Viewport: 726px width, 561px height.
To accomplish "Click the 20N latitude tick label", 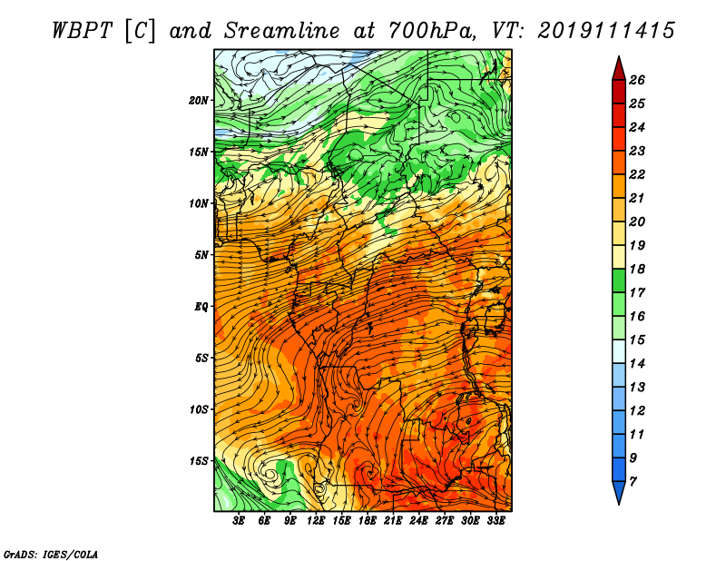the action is (199, 101).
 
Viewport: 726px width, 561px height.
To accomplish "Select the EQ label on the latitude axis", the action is (201, 307).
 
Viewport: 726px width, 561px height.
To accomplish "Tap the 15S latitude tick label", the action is (199, 461).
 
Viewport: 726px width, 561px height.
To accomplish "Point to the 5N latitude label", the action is (201, 255).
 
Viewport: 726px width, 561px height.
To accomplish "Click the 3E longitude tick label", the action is (239, 521).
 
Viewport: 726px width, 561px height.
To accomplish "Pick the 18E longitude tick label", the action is (367, 521).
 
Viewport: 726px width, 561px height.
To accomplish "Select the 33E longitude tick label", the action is (495, 521).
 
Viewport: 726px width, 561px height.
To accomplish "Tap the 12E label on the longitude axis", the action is (315, 521).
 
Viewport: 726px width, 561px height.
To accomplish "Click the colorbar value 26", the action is (637, 80).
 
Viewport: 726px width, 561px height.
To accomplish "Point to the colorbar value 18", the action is (637, 269).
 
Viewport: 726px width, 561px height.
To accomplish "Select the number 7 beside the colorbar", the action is (633, 482).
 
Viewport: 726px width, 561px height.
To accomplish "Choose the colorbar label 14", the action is (637, 364).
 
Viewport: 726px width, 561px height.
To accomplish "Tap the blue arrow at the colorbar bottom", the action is (619, 492).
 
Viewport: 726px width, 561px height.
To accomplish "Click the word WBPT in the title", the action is (82, 31).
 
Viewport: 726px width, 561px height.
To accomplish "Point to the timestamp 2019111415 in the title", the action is (606, 31).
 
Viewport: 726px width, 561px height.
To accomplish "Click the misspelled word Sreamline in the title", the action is (282, 31).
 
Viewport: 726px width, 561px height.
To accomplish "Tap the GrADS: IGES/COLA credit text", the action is (51, 554).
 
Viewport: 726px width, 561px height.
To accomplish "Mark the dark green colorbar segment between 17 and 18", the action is (619, 280).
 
